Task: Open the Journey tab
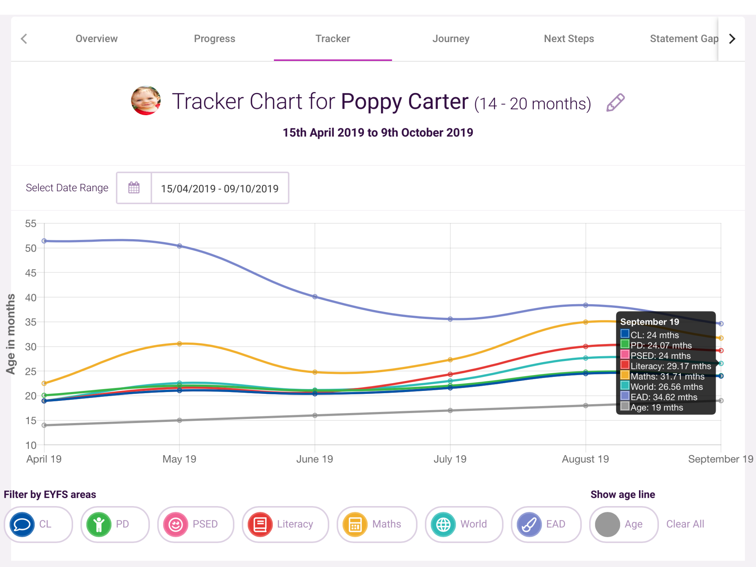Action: (x=451, y=39)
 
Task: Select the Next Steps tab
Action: (x=569, y=39)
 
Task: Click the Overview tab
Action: (x=96, y=39)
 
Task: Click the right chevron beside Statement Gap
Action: (x=732, y=39)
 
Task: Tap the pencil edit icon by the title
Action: (x=615, y=102)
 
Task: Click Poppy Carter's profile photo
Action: (x=146, y=100)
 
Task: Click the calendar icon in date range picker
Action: (x=134, y=188)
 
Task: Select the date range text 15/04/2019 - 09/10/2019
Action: (x=220, y=189)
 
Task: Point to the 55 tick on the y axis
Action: (x=31, y=224)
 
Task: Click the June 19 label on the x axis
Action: (x=314, y=459)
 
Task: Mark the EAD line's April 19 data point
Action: (x=44, y=241)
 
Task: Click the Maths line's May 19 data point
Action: (x=179, y=344)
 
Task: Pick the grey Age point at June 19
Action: (x=315, y=416)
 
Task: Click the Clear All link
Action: (x=685, y=524)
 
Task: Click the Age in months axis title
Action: (x=11, y=334)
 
